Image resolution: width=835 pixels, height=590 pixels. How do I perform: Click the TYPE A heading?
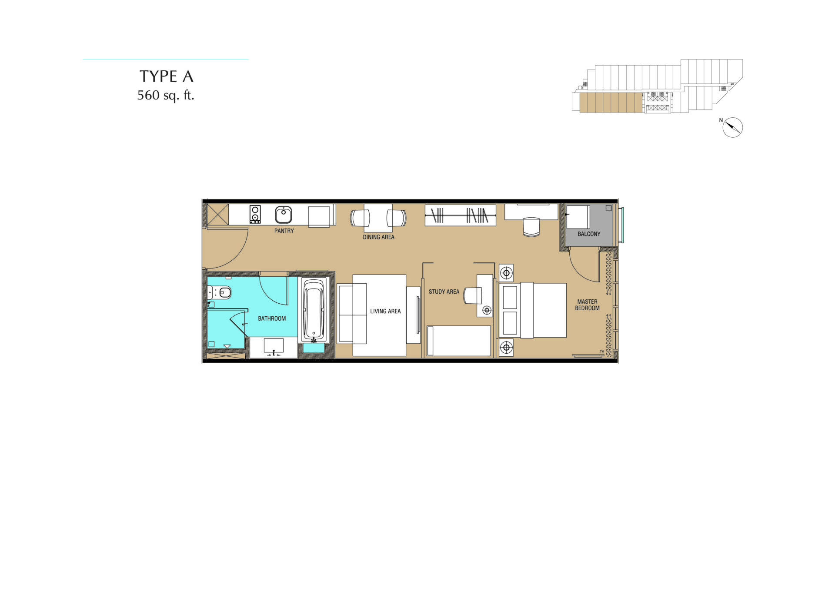(x=166, y=76)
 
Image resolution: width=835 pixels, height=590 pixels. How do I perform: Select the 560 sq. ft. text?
(x=166, y=95)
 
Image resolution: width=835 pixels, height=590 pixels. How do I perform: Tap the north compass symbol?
(x=732, y=127)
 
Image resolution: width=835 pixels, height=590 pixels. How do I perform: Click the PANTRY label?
(x=284, y=231)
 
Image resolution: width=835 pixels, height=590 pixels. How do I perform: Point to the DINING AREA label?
(x=379, y=237)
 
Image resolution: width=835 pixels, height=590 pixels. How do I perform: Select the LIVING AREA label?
(x=385, y=311)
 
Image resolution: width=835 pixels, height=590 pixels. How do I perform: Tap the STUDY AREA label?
(x=444, y=292)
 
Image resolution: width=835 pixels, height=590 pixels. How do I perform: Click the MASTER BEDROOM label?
(x=588, y=305)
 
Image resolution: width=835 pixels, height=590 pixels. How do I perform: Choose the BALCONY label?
(x=589, y=234)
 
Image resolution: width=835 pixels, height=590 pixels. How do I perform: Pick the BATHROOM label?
(x=272, y=318)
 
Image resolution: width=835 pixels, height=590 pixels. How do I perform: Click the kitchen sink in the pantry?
(x=284, y=215)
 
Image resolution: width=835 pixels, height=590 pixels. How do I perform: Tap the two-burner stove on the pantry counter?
(x=255, y=214)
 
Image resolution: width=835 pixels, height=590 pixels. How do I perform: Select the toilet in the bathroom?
(x=221, y=292)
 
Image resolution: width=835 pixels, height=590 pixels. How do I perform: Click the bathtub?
(x=314, y=309)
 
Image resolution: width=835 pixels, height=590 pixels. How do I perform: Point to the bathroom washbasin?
(x=274, y=347)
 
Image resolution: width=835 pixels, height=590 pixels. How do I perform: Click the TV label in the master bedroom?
(x=602, y=351)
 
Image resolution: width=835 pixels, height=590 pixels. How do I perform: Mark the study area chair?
(x=473, y=295)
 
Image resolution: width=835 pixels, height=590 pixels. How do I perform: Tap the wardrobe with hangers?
(x=460, y=215)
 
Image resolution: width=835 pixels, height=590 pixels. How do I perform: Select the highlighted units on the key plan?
(x=611, y=103)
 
